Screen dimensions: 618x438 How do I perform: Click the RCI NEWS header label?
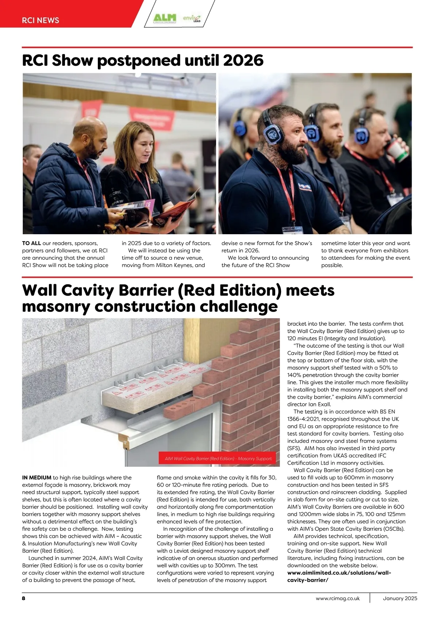40,20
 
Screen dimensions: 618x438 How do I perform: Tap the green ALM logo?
165,18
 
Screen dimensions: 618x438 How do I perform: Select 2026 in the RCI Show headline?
243,60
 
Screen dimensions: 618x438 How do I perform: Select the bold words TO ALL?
31,243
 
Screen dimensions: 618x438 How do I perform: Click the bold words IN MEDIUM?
36,478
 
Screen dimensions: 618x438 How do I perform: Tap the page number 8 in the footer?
24,598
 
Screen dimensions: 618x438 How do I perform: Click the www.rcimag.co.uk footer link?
338,598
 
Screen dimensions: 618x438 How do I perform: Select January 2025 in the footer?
400,598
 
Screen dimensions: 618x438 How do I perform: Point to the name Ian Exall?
320,404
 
